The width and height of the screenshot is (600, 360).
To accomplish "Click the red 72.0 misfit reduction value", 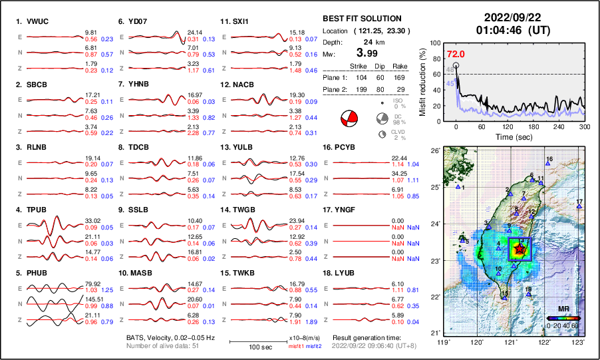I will pos(456,54).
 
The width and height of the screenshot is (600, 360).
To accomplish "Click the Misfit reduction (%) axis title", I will pos(423,81).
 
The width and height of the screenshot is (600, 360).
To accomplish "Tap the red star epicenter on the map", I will pos(520,250).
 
